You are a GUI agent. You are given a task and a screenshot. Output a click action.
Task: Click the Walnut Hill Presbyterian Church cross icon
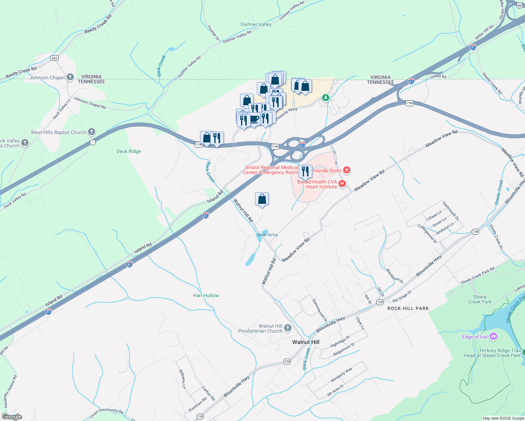(x=288, y=328)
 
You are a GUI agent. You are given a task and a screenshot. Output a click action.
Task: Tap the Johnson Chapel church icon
(x=70, y=77)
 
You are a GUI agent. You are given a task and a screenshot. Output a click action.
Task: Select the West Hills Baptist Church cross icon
(x=92, y=132)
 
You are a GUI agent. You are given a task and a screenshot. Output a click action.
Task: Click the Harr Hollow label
(x=206, y=296)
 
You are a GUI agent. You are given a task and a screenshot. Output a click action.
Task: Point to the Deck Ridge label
(x=129, y=152)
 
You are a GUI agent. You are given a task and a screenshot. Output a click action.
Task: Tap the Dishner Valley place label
(x=256, y=25)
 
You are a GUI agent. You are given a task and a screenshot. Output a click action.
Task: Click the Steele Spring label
(x=267, y=235)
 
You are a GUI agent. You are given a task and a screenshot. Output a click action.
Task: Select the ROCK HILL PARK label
(x=408, y=308)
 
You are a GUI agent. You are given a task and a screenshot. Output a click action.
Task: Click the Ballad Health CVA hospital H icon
(x=342, y=183)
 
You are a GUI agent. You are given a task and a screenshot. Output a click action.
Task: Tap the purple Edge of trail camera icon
(x=493, y=337)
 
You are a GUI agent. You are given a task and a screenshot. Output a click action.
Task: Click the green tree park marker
(x=326, y=97)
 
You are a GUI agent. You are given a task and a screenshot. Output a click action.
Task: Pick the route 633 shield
(x=54, y=58)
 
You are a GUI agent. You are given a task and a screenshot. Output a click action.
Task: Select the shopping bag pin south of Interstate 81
(x=262, y=199)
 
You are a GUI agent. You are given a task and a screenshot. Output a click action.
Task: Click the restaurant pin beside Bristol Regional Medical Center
(x=305, y=171)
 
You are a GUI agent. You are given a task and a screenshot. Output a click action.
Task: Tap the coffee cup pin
(x=254, y=119)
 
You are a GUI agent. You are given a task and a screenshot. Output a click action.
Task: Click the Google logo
(x=12, y=417)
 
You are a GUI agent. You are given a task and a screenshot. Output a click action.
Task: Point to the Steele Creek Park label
(x=480, y=299)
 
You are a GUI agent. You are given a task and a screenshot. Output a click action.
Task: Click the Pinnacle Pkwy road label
(x=286, y=114)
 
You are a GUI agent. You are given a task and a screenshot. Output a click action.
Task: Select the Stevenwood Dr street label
(x=320, y=310)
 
